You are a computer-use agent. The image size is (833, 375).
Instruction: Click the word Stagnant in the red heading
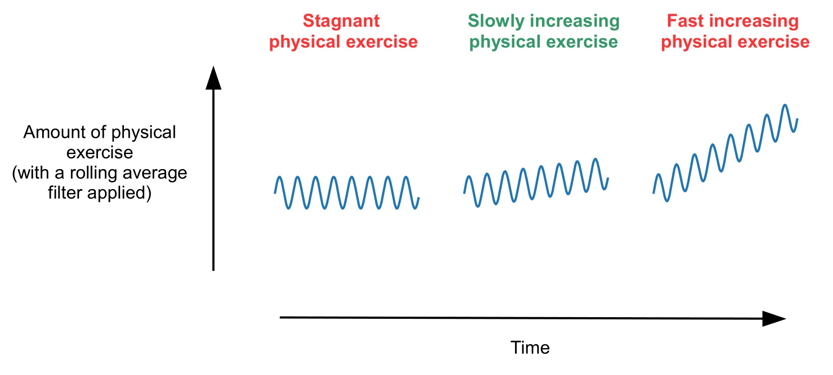[x=341, y=22]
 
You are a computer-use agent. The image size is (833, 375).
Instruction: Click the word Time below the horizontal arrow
[x=530, y=348]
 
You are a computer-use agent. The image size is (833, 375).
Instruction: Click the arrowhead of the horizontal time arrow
[x=775, y=318]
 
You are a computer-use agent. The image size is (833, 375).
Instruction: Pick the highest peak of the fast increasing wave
[x=785, y=105]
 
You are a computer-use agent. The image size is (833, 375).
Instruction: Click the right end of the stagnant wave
[x=419, y=198]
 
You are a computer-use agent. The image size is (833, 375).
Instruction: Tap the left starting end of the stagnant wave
[x=275, y=192]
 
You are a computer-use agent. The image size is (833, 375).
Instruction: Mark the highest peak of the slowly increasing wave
[x=596, y=159]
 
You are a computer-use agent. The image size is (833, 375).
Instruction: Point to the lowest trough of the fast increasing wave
[x=667, y=201]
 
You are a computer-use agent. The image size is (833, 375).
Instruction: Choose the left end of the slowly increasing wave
[x=464, y=192]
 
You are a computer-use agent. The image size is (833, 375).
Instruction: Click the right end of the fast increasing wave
[x=797, y=119]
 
